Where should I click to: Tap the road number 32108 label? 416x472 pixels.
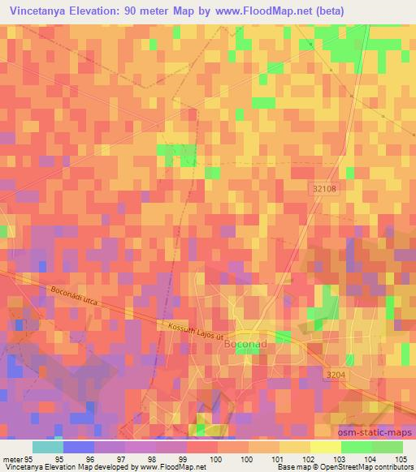tap(323, 187)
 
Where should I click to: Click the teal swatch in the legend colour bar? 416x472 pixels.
tap(47, 447)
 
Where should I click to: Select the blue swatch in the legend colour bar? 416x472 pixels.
tap(78, 447)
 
